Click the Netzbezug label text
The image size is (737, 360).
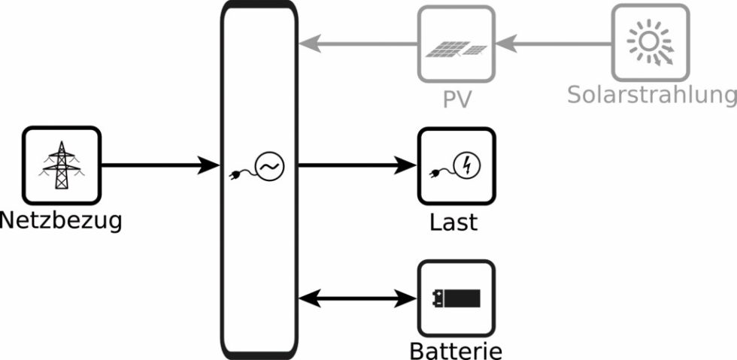60,222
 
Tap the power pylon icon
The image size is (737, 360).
62,165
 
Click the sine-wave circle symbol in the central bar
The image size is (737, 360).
268,166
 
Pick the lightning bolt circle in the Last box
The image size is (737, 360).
466,165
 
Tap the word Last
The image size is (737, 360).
453,222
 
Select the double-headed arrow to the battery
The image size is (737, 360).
358,299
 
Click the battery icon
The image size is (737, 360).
456,299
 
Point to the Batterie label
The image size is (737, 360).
456,350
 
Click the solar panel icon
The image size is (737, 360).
456,50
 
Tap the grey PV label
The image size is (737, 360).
456,99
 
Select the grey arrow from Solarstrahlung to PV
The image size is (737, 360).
553,44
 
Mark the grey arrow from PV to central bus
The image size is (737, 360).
357,44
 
